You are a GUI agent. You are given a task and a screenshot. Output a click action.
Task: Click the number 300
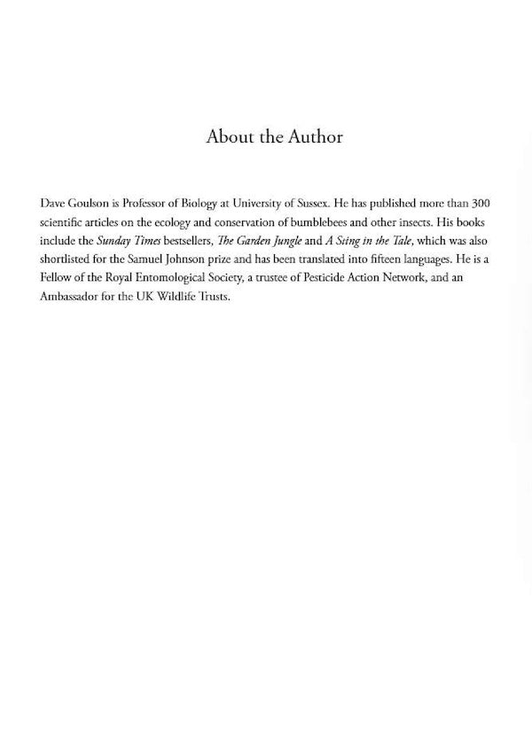489,203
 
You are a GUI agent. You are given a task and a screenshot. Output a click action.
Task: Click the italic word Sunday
113,240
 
